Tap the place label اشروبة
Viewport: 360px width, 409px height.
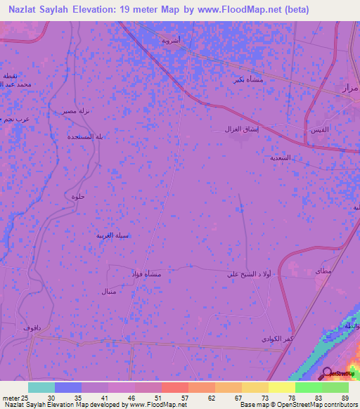[171, 41]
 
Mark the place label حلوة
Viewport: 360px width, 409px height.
[78, 196]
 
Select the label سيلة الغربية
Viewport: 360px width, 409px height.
[112, 235]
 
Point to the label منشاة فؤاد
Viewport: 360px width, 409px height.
[147, 273]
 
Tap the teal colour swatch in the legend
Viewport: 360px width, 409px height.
[41, 387]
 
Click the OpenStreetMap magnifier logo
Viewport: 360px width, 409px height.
[327, 372]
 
